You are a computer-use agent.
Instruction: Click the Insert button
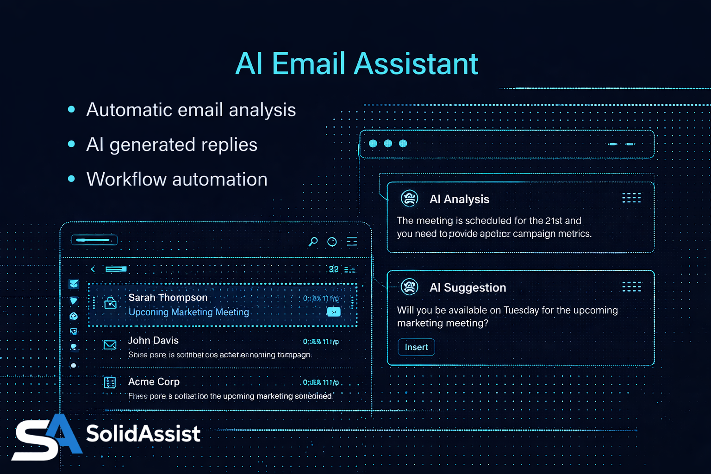tap(416, 347)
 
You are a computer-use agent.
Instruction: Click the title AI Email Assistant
tap(356, 63)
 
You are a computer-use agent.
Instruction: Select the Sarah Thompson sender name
tap(168, 298)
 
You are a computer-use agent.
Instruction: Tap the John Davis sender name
tap(153, 341)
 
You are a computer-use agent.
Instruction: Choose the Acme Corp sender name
tap(154, 382)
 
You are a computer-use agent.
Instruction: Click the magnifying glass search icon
tap(313, 241)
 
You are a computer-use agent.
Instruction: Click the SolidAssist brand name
tap(143, 434)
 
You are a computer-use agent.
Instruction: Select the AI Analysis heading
tap(459, 199)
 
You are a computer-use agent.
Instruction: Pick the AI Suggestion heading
tap(468, 287)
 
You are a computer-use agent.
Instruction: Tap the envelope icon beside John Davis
tap(110, 345)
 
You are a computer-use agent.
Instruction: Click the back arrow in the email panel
tap(93, 269)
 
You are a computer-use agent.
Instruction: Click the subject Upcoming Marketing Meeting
tap(189, 312)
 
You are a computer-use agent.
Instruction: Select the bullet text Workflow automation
tap(177, 179)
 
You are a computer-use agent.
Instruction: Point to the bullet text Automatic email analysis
tap(191, 110)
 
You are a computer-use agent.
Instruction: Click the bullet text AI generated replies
tap(172, 144)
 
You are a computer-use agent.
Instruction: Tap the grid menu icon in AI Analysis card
tap(631, 198)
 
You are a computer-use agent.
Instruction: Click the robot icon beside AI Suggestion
tap(410, 287)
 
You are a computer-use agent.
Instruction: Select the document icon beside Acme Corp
tap(110, 382)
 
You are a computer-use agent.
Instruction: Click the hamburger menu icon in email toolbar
tap(352, 241)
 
